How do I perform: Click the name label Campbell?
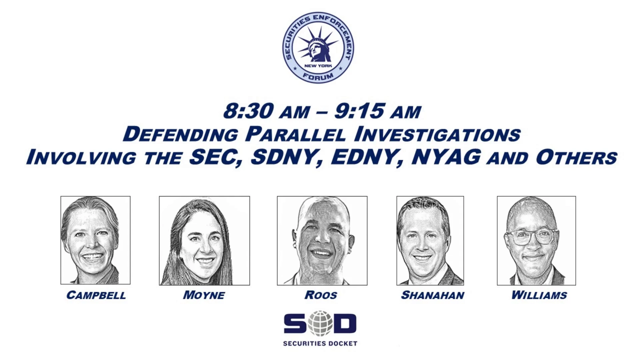(x=96, y=295)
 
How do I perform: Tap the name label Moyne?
(x=204, y=295)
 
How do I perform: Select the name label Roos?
(x=321, y=295)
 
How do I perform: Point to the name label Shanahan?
(x=432, y=295)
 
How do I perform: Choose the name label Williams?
(x=539, y=295)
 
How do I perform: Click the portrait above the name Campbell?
(x=95, y=240)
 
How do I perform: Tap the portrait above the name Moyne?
(x=204, y=241)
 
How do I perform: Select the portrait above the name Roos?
(x=322, y=241)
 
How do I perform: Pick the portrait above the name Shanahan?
(x=430, y=241)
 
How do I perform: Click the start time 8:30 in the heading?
(x=249, y=111)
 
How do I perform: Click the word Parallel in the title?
(x=295, y=134)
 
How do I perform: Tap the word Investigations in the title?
(x=437, y=134)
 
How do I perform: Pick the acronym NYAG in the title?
(x=447, y=157)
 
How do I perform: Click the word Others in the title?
(x=576, y=157)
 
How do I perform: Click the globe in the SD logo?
(x=320, y=323)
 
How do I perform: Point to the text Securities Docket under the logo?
(x=320, y=343)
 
